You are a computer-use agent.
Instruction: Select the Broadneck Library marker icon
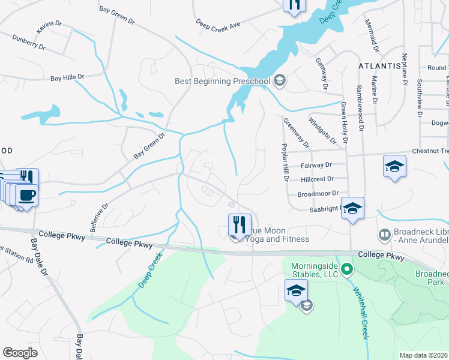(384, 234)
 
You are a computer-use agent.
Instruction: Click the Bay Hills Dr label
(67, 77)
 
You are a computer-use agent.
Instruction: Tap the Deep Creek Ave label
(218, 23)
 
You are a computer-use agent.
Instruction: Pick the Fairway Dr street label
(316, 164)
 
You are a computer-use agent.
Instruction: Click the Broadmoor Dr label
(318, 194)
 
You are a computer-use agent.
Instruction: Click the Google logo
(20, 353)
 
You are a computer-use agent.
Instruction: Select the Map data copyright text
(423, 355)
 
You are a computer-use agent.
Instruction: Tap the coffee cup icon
(28, 195)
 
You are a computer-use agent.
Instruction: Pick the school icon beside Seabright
(354, 207)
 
